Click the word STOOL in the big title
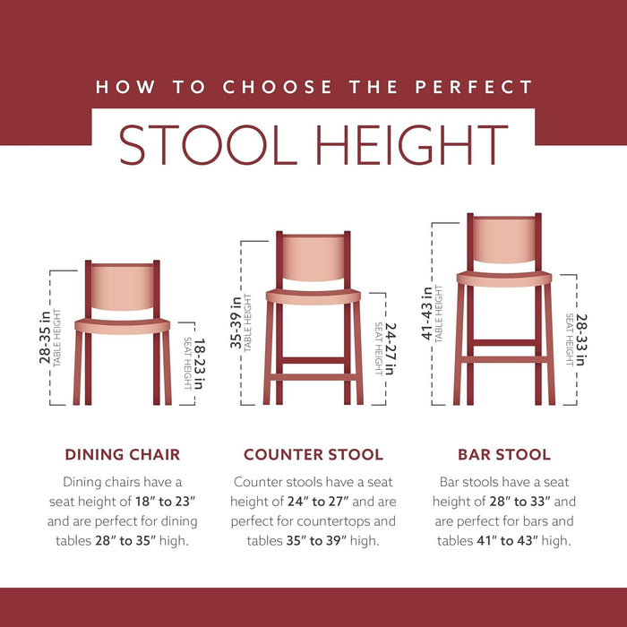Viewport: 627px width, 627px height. (x=211, y=144)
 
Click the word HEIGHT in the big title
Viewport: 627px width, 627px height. (x=413, y=144)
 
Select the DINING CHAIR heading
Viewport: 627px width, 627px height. (x=122, y=454)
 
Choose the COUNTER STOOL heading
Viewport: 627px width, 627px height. (x=313, y=454)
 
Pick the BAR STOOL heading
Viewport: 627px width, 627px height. (x=503, y=454)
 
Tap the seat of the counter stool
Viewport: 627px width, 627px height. (x=313, y=296)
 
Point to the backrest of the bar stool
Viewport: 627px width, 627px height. (x=503, y=239)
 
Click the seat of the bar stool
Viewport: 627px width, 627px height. (x=503, y=279)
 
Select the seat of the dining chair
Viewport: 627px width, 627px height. (x=122, y=325)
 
